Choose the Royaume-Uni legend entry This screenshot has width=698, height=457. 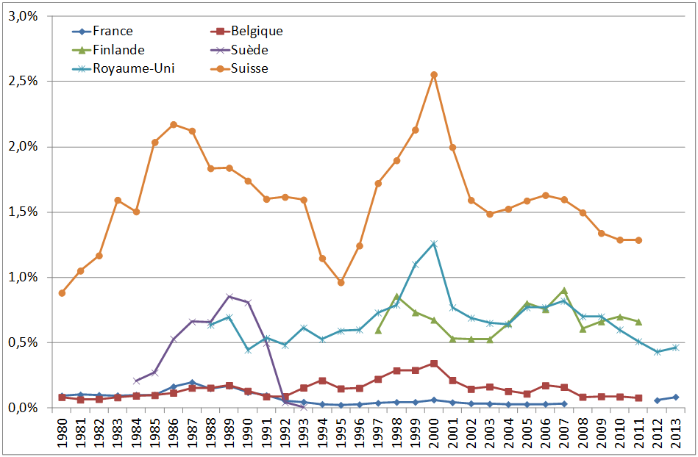pos(133,69)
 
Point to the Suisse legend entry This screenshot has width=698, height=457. pos(249,69)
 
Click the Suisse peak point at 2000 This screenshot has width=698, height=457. pos(434,75)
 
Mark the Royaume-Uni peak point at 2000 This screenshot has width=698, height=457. pos(434,243)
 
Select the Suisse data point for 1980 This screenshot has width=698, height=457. pos(62,292)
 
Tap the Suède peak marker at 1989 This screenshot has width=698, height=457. pos(229,297)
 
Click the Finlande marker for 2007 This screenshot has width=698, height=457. pos(564,290)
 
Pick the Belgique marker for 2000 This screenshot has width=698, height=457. pos(434,364)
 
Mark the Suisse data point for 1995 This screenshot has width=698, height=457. pos(341,282)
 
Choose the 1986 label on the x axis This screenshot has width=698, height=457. pos(174,433)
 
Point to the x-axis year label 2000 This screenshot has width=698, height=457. pos(434,433)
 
